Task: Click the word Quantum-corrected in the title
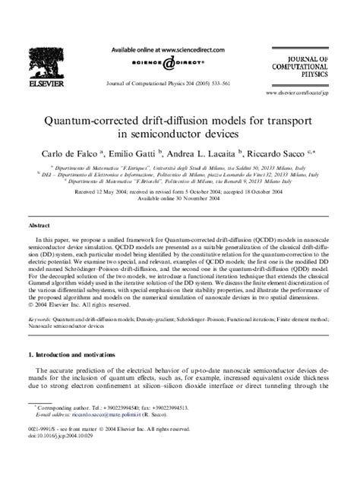[112, 119]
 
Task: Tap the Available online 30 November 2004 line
[179, 200]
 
